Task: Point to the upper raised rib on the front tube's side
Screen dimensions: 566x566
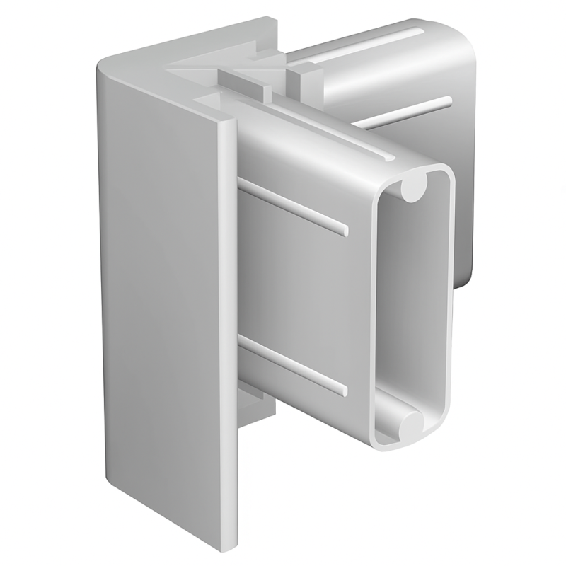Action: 294,206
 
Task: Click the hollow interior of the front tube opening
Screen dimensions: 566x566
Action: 414,304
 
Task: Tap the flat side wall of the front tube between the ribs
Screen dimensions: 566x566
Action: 304,287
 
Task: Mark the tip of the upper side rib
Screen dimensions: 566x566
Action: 345,230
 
